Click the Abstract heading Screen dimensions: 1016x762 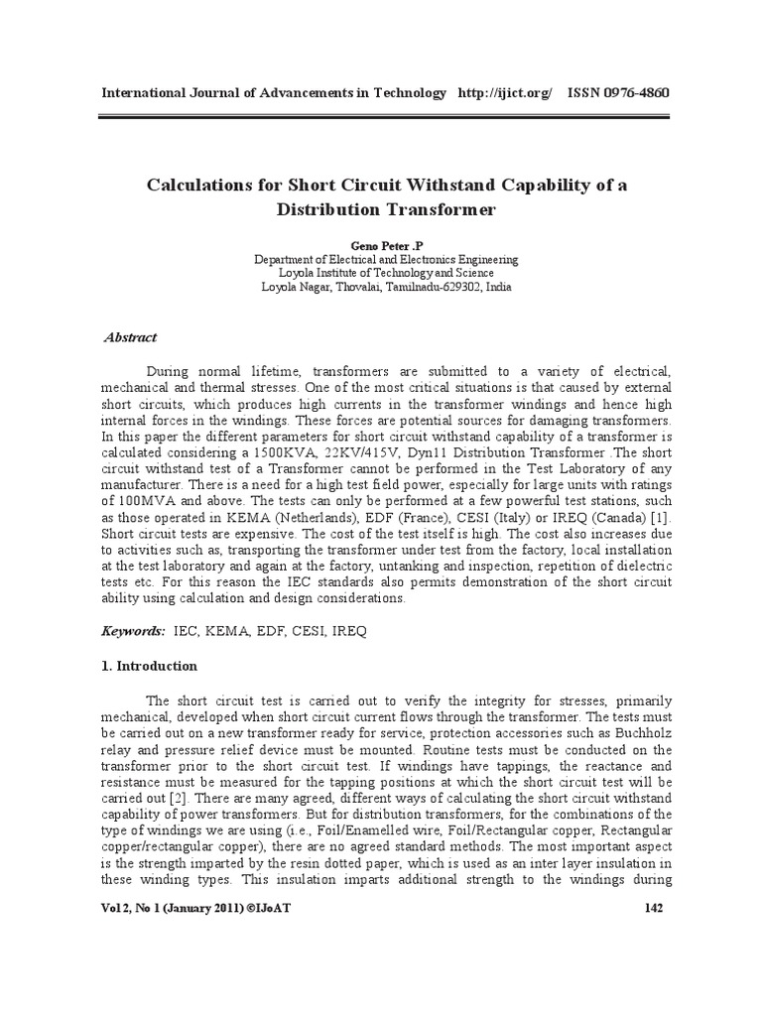pyautogui.click(x=131, y=337)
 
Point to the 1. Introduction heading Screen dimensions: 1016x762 pyautogui.click(x=150, y=666)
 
